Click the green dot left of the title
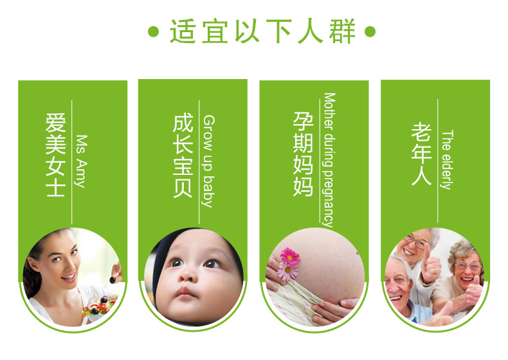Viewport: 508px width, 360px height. [x=153, y=32]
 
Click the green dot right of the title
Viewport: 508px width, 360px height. [x=370, y=32]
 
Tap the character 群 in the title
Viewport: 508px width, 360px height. [x=343, y=31]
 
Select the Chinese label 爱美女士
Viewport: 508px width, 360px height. [x=56, y=154]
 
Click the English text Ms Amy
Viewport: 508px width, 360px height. [x=81, y=161]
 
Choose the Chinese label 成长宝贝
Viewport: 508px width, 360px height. [x=183, y=155]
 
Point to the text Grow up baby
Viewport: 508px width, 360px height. [x=208, y=161]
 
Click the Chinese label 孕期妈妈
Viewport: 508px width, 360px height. [x=304, y=154]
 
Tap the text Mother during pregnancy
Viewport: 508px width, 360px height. [x=329, y=161]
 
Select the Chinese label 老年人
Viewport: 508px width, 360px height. [x=421, y=154]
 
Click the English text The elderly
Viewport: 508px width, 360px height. [x=447, y=159]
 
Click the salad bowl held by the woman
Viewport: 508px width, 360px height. [x=100, y=308]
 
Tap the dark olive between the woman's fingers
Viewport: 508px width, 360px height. [x=113, y=280]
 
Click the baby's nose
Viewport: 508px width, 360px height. [x=188, y=275]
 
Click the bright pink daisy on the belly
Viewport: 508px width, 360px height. [x=289, y=256]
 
